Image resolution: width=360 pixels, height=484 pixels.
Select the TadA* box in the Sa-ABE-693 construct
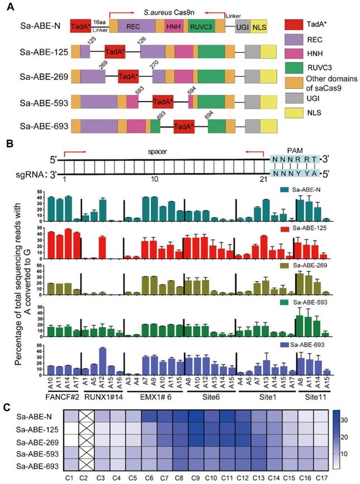click(x=184, y=127)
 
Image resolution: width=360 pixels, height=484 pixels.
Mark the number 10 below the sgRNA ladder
click(x=158, y=178)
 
